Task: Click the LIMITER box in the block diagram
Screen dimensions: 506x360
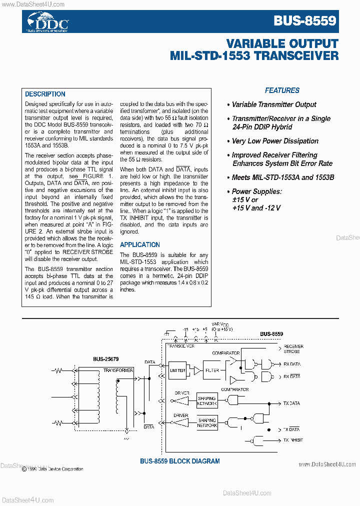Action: point(177,370)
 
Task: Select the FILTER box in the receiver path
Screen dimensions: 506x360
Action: point(212,370)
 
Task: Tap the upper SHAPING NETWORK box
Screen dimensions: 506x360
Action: point(206,400)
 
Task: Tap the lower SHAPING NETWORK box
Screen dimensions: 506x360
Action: point(206,423)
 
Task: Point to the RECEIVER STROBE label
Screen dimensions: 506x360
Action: point(293,348)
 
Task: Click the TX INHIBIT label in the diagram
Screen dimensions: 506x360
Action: point(293,440)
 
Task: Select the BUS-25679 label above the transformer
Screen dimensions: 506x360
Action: point(105,358)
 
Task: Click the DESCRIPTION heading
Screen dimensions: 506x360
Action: point(45,94)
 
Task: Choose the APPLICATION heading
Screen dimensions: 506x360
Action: point(140,244)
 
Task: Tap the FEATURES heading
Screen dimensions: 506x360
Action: point(282,90)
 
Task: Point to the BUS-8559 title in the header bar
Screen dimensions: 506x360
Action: point(304,21)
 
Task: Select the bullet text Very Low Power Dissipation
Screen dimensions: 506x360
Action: point(275,141)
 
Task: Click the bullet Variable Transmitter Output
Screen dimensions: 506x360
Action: point(274,104)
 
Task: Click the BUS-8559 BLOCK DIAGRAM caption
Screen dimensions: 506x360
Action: point(179,461)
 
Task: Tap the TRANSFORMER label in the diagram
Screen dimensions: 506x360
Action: point(118,370)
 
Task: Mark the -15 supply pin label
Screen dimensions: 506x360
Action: point(185,330)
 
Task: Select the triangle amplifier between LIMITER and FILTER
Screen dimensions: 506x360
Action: point(197,370)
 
